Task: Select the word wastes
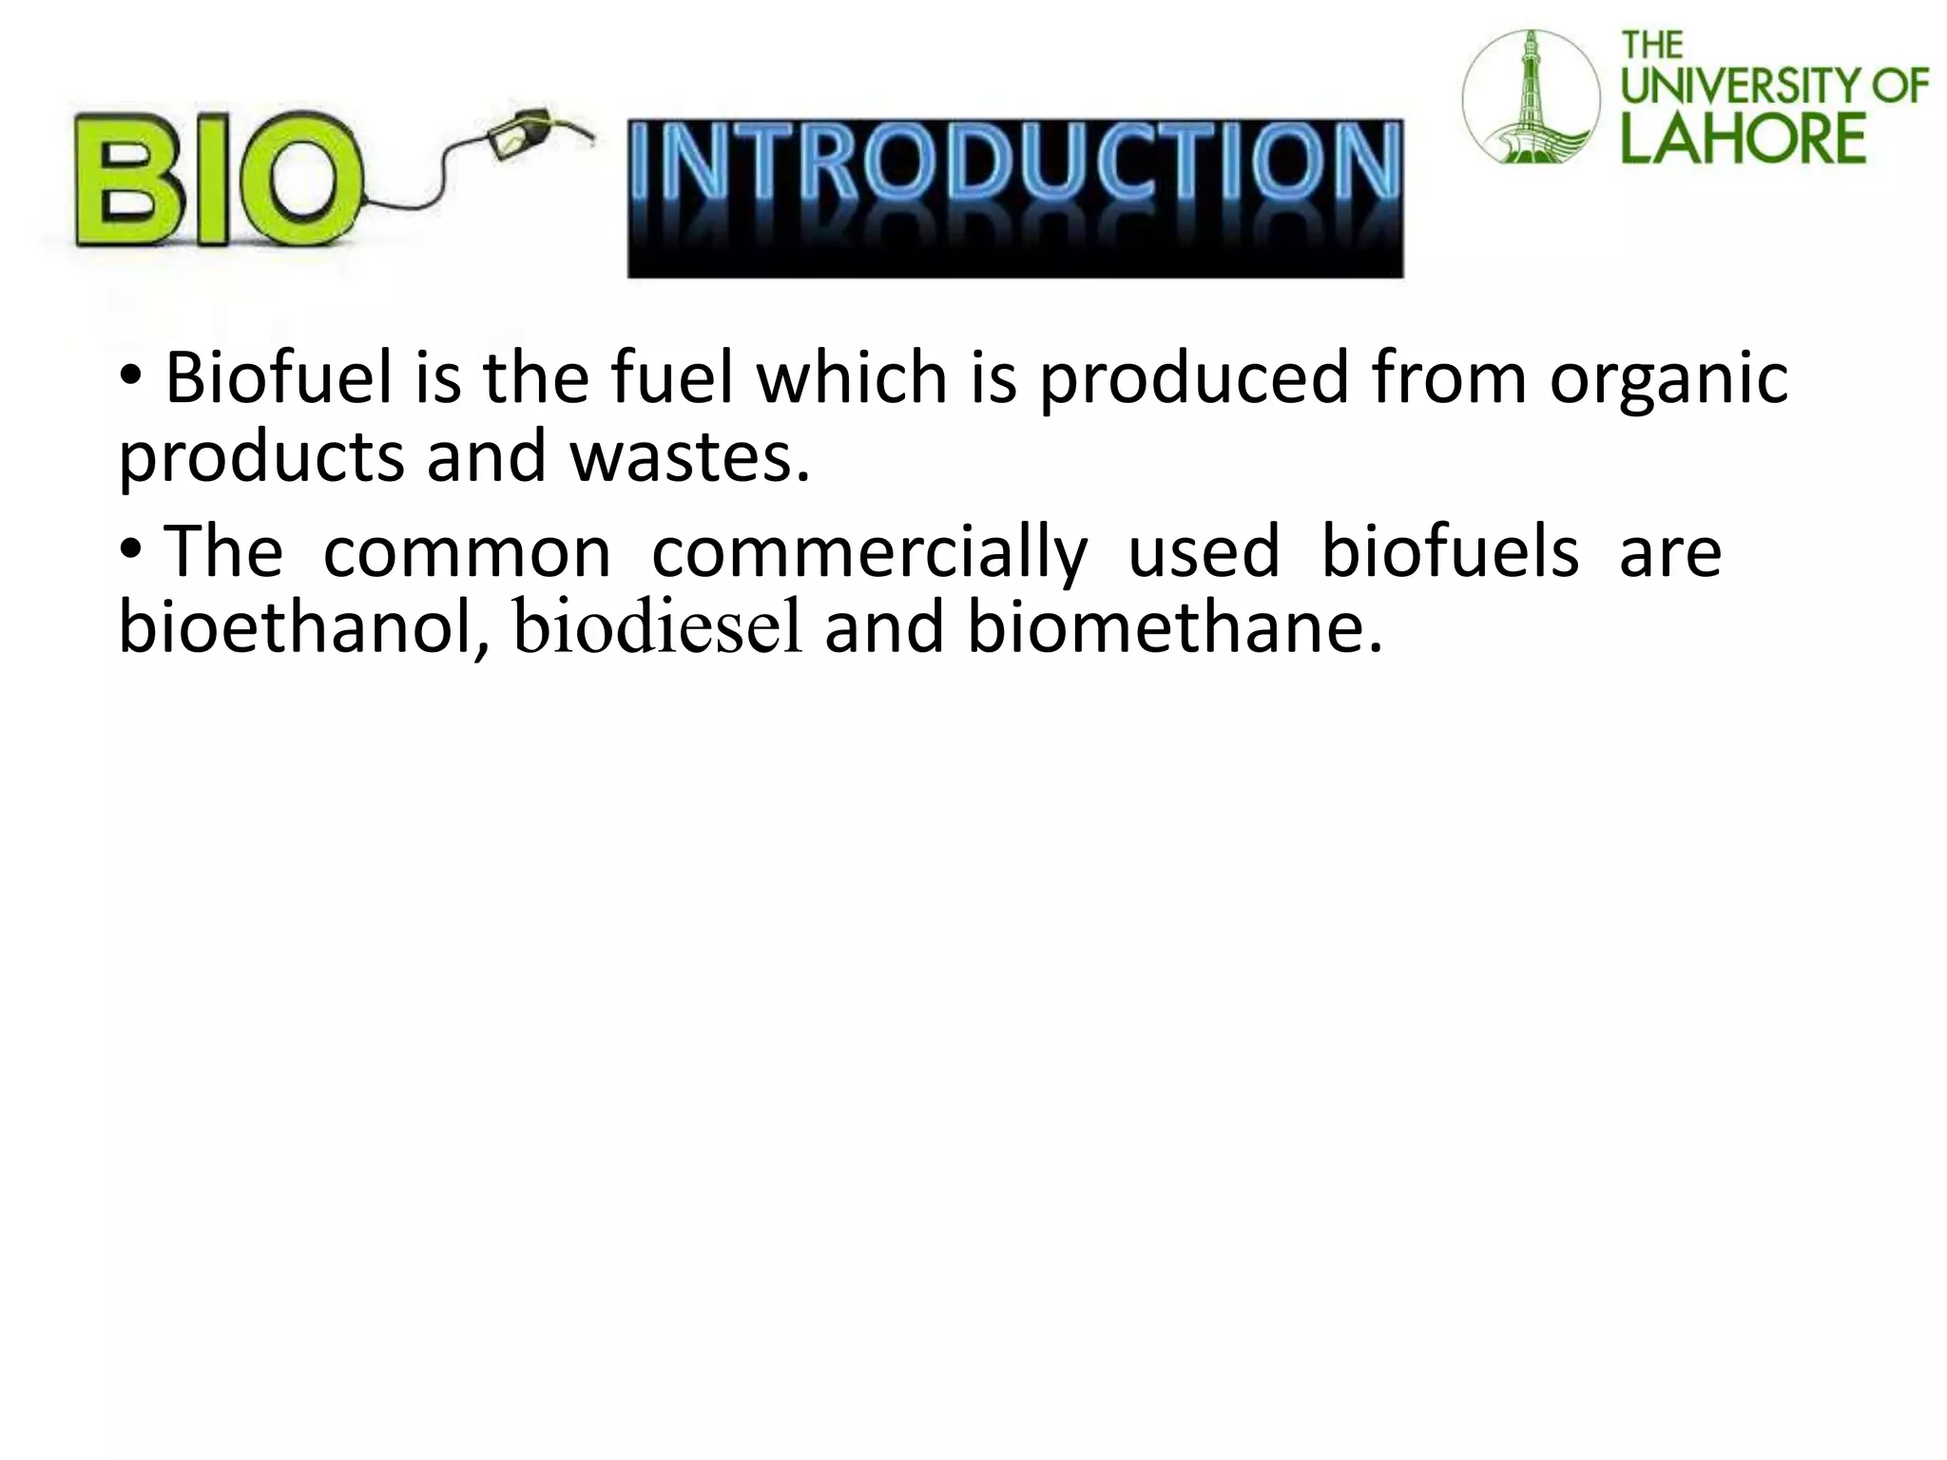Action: point(689,456)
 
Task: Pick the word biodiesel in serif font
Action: point(658,630)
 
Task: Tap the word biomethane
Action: point(1174,628)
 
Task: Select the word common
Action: point(467,553)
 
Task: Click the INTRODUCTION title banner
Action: point(1014,198)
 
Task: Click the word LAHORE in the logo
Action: point(1744,138)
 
